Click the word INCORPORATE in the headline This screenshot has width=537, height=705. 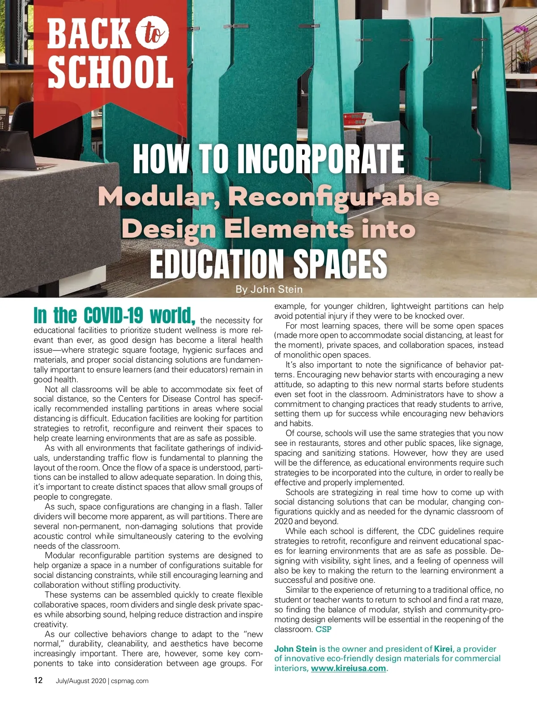320,159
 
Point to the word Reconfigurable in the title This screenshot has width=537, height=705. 333,197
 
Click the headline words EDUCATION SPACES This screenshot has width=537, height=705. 268,264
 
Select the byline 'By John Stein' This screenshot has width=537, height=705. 269,290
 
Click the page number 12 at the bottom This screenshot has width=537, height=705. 38,680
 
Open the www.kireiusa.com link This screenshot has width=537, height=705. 348,668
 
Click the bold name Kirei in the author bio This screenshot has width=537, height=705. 443,649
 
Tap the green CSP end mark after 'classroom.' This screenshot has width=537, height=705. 324,629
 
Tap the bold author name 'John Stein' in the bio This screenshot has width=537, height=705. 295,649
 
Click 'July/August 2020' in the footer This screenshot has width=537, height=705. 81,681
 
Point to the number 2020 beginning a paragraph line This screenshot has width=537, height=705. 283,521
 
